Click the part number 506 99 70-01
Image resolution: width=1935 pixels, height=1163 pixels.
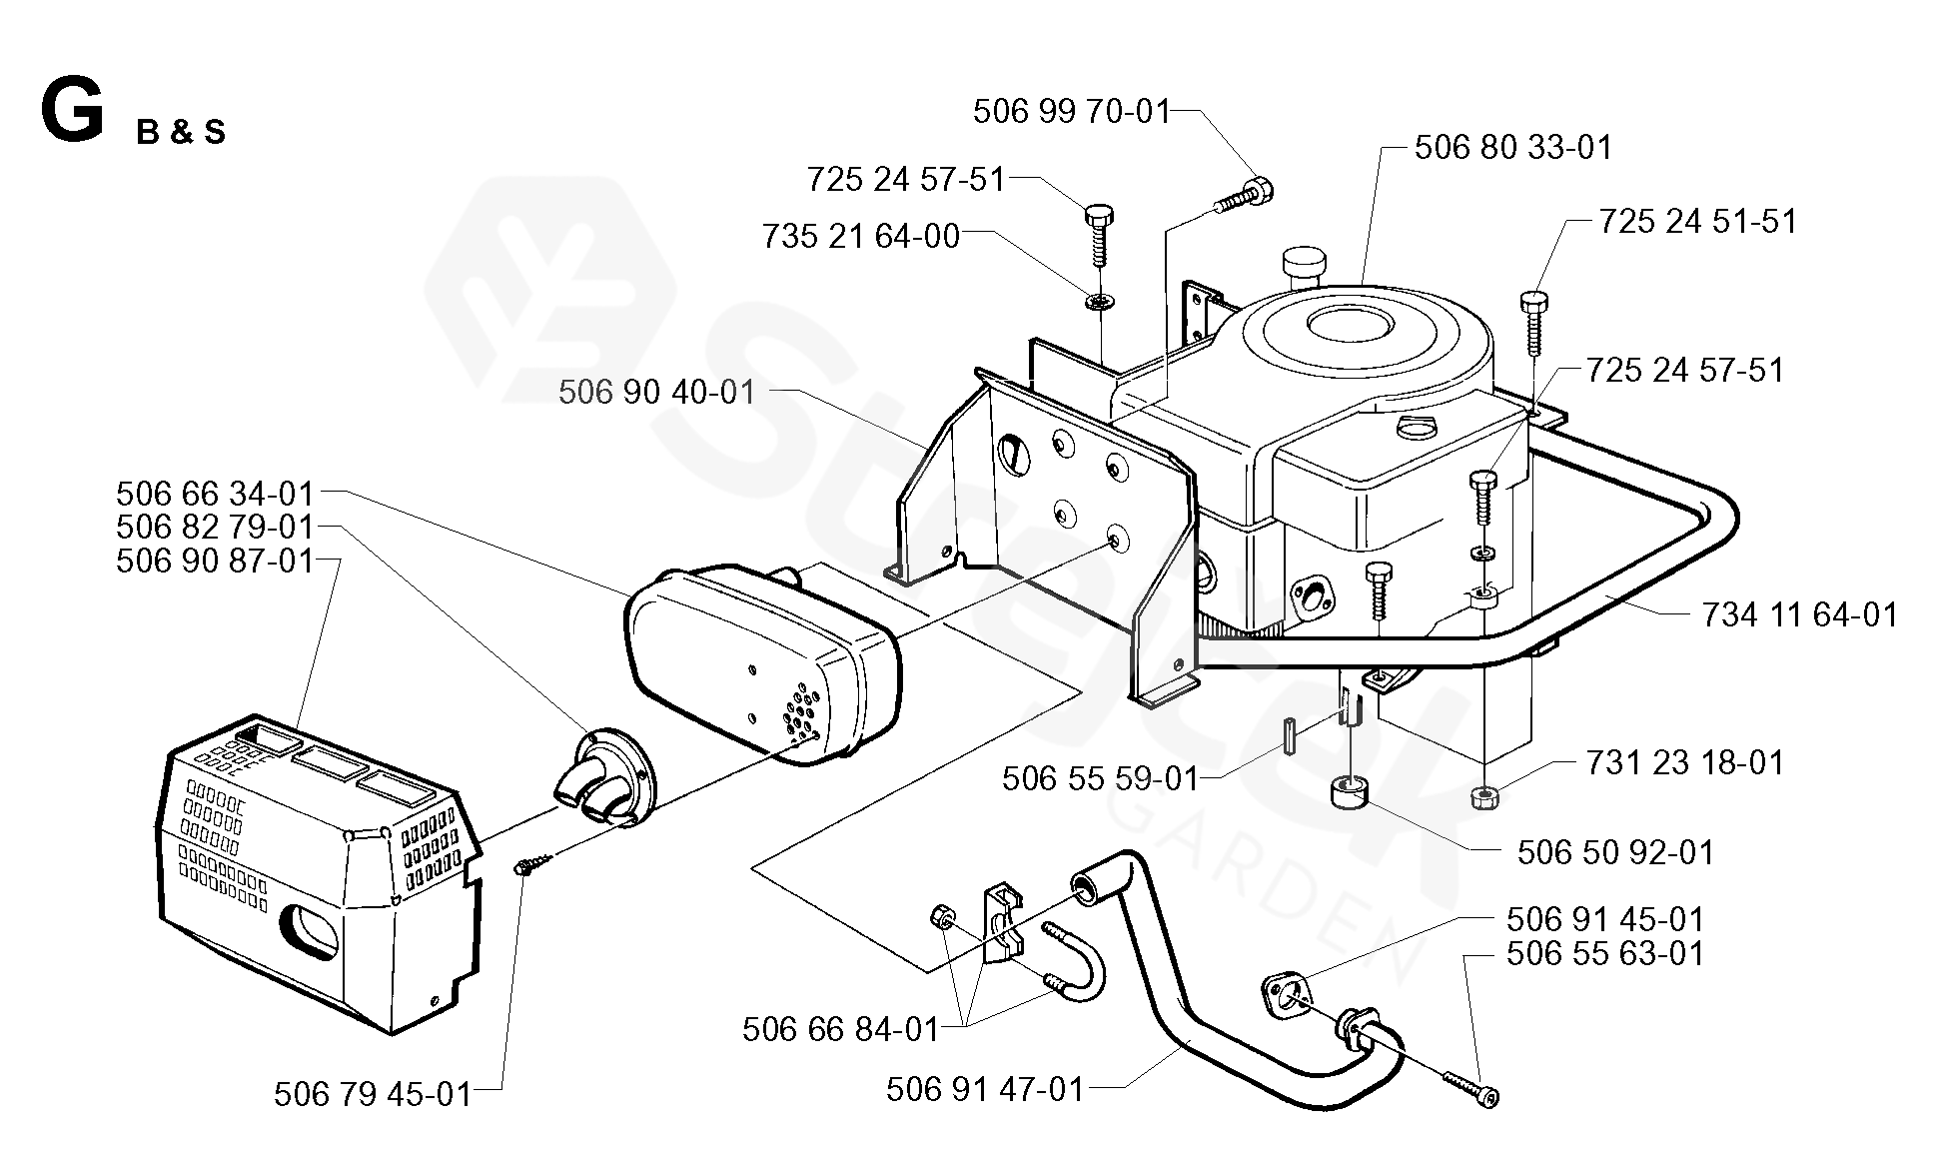[1071, 111]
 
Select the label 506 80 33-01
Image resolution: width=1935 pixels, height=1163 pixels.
[1513, 148]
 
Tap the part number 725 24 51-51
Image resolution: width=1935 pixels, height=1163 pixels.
[1697, 221]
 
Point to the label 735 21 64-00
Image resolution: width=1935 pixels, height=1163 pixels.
[860, 237]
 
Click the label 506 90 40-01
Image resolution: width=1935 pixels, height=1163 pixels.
[656, 392]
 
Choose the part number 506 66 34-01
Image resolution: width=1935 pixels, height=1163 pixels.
[215, 494]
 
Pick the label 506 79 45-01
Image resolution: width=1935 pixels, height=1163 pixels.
[373, 1094]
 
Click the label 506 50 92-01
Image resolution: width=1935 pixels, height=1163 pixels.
[1615, 852]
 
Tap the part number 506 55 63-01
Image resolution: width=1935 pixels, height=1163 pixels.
[1605, 953]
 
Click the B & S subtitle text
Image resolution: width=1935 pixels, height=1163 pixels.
[181, 133]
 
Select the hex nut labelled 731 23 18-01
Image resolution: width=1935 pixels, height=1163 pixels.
[1484, 797]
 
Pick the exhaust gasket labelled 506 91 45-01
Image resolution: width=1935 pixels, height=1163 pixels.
[1282, 998]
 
